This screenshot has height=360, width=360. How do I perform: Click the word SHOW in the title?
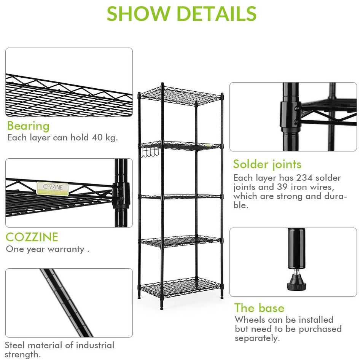click(x=138, y=13)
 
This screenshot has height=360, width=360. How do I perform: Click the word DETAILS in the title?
click(x=217, y=13)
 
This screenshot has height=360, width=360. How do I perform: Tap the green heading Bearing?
click(x=28, y=126)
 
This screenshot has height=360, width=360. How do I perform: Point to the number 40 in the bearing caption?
click(x=97, y=137)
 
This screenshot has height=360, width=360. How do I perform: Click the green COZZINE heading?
click(x=32, y=237)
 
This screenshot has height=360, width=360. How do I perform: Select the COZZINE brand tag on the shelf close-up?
click(x=53, y=188)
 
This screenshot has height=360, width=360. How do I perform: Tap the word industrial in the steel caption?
click(x=95, y=345)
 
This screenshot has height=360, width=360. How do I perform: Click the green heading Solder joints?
click(x=267, y=164)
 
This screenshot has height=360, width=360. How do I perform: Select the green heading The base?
click(x=260, y=308)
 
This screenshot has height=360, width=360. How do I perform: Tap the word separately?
click(x=257, y=338)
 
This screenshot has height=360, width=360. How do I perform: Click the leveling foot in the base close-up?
click(x=296, y=280)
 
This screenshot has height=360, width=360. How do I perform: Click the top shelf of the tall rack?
click(x=180, y=95)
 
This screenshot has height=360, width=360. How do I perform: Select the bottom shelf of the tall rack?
click(x=180, y=287)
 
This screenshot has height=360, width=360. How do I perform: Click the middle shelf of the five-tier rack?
click(x=180, y=197)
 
